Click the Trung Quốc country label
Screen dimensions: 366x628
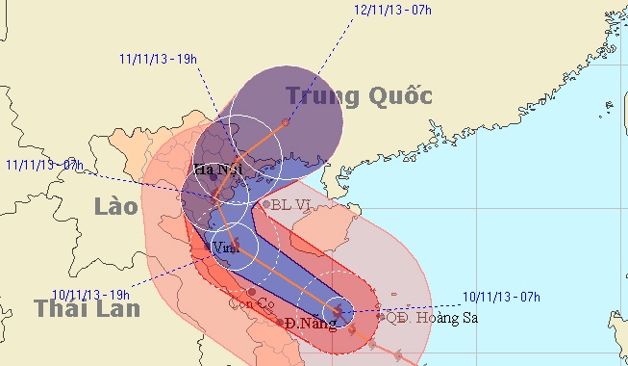click(x=359, y=95)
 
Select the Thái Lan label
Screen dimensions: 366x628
click(x=88, y=308)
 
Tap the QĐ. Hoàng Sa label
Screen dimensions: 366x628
click(x=432, y=317)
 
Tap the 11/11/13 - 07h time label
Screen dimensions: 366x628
click(x=42, y=165)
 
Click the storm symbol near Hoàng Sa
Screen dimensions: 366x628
click(x=338, y=311)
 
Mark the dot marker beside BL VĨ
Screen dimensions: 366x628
click(x=266, y=204)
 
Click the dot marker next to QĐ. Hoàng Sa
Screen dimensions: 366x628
click(x=381, y=316)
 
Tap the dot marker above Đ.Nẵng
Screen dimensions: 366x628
click(x=280, y=323)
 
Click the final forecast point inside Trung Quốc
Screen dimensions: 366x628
click(x=286, y=122)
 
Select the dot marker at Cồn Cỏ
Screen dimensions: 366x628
click(x=251, y=292)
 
